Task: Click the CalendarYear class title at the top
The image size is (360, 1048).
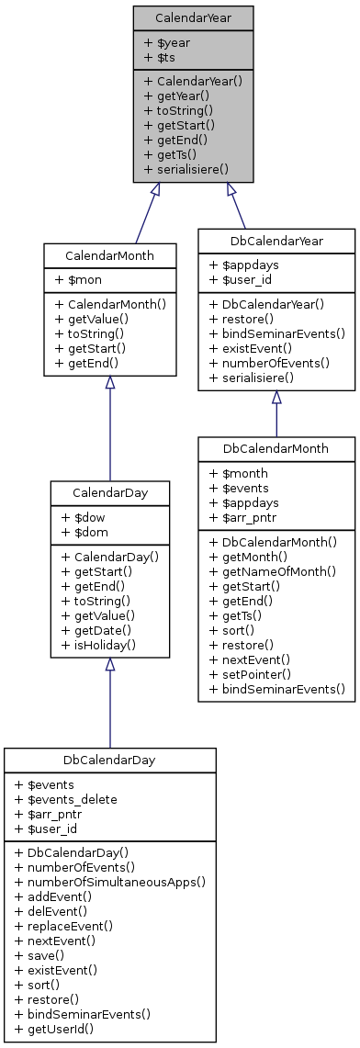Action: [x=192, y=17]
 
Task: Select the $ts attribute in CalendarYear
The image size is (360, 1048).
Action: [x=159, y=58]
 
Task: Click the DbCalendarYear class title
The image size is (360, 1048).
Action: [x=276, y=241]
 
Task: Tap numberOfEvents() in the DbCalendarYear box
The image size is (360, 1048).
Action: [x=270, y=362]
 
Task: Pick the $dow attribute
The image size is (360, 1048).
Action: [x=81, y=517]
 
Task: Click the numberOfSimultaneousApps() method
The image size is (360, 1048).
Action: [x=109, y=881]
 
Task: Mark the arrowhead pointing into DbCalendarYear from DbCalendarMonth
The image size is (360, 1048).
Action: [x=276, y=397]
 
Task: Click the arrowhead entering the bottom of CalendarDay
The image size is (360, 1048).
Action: [x=109, y=666]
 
